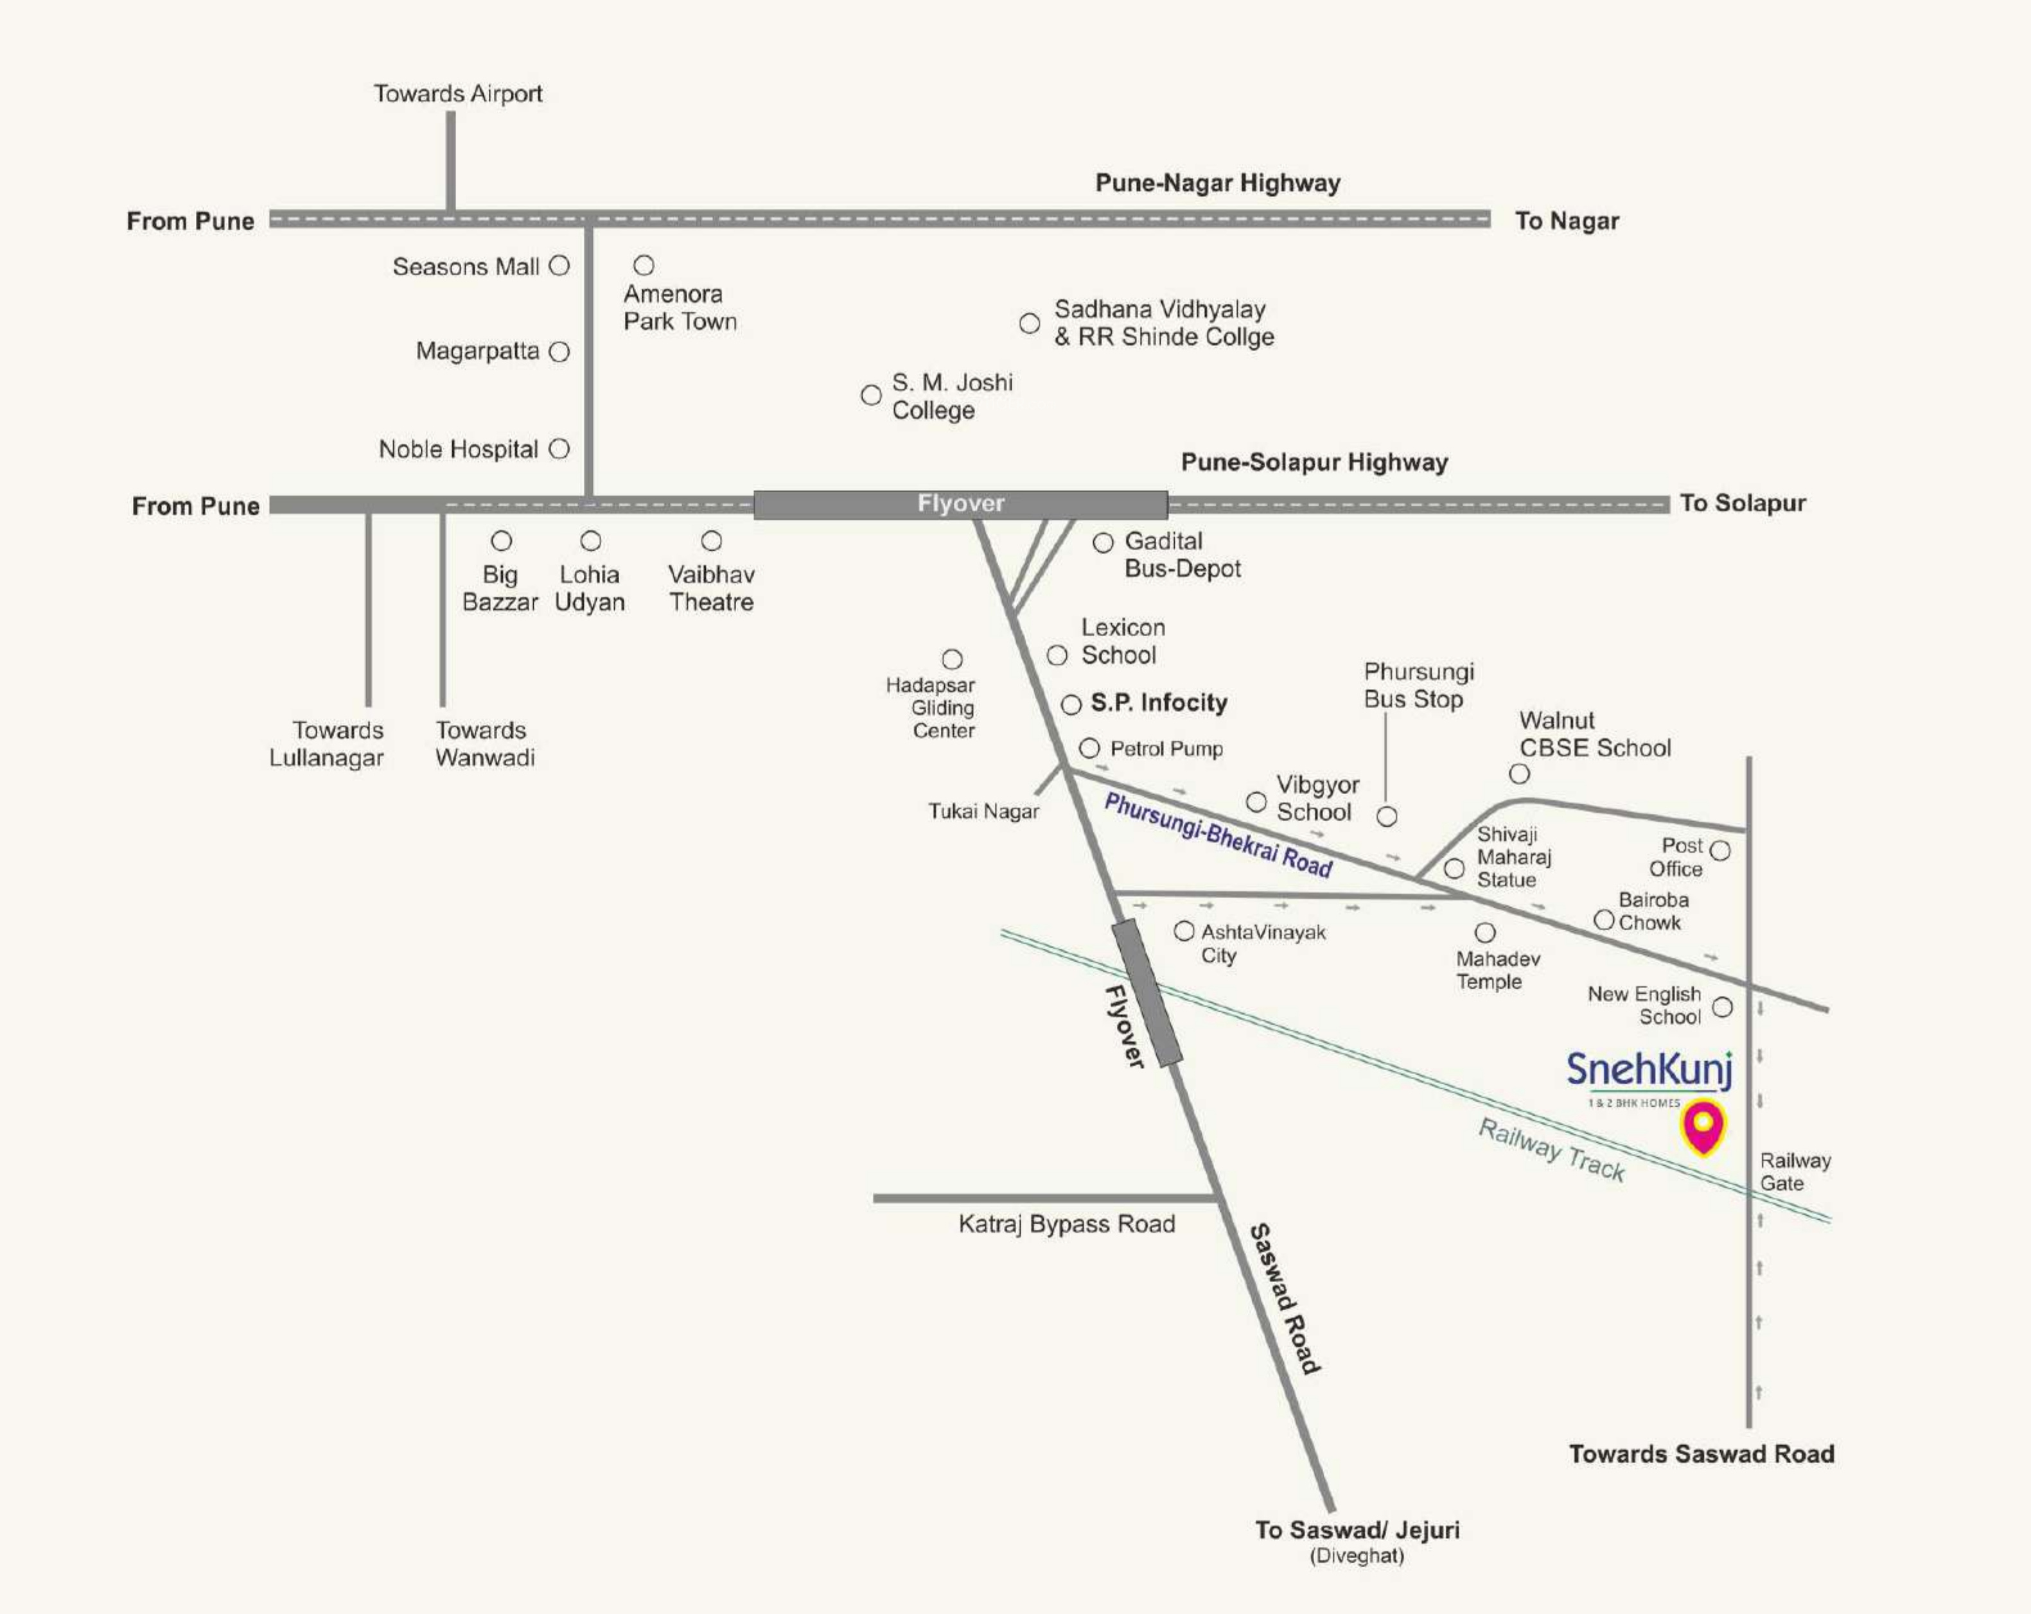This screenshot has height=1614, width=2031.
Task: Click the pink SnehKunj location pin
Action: click(1703, 1125)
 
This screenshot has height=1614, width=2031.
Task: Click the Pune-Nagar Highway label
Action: click(1217, 183)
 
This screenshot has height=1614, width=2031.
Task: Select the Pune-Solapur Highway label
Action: click(1314, 462)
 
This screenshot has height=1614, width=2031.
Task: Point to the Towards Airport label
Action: click(458, 93)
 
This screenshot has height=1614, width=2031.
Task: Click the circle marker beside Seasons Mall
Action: click(559, 266)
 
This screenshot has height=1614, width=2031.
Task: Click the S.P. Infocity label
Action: click(1159, 702)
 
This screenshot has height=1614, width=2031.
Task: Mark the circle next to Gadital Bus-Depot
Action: click(1103, 543)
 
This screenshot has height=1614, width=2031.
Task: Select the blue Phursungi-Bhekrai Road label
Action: click(1218, 835)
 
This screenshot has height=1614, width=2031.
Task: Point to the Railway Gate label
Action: click(1795, 1172)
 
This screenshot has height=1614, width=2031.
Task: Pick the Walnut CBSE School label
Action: click(1595, 734)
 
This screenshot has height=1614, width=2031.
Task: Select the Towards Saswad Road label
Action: click(1701, 1454)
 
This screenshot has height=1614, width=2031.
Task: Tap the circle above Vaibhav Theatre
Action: click(711, 541)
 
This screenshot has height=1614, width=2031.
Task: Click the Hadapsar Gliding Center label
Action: click(931, 708)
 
